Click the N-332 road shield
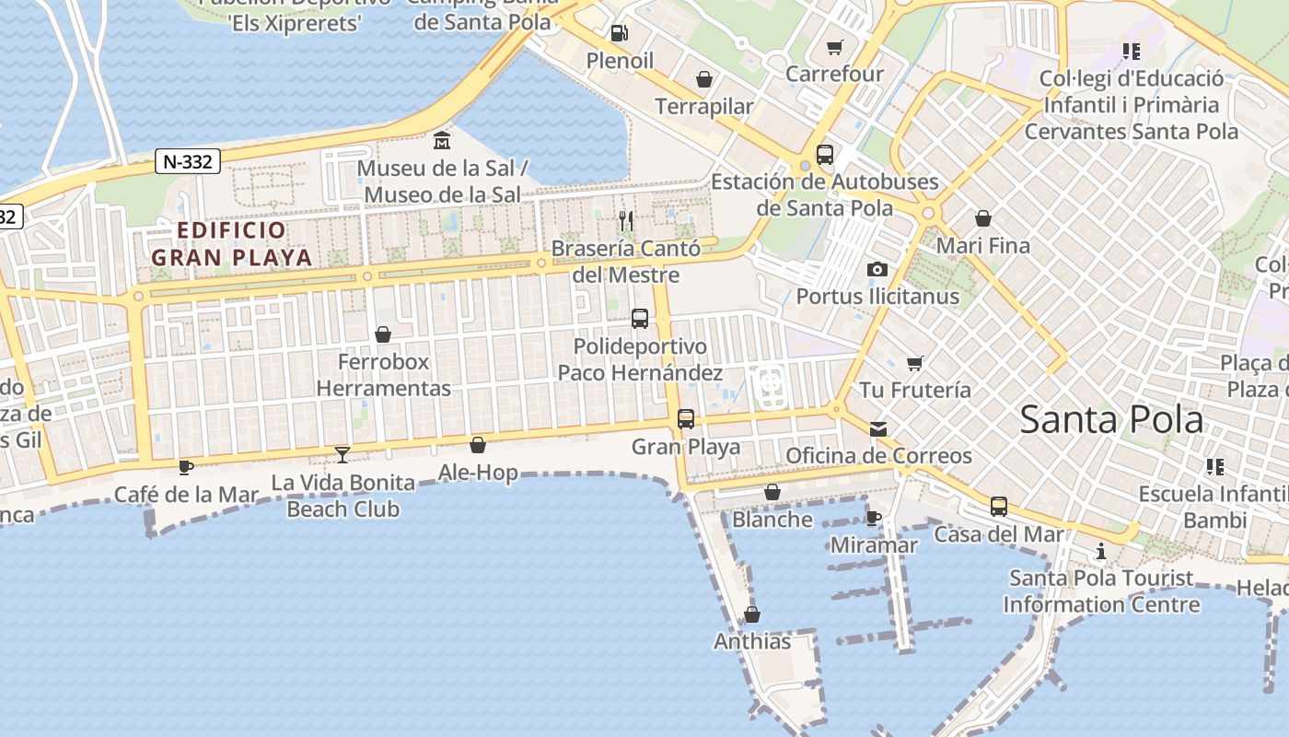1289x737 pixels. pyautogui.click(x=188, y=162)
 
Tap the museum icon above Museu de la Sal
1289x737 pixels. pyautogui.click(x=442, y=141)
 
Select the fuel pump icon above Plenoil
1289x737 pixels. pyautogui.click(x=620, y=33)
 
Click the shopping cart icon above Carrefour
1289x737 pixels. pyautogui.click(x=835, y=47)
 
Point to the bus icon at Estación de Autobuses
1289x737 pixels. pyautogui.click(x=825, y=155)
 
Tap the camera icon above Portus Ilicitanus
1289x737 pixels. pyautogui.click(x=877, y=269)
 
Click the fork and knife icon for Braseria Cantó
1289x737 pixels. pyautogui.click(x=626, y=220)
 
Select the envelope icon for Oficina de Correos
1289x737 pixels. pyautogui.click(x=878, y=428)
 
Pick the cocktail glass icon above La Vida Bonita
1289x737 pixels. pyautogui.click(x=343, y=454)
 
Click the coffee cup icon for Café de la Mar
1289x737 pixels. pyautogui.click(x=186, y=467)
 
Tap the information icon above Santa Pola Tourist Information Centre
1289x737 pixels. pyautogui.click(x=1101, y=552)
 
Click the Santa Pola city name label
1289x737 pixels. pyautogui.click(x=1111, y=420)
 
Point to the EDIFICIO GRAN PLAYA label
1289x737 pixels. pyautogui.click(x=232, y=244)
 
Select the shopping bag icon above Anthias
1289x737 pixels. pyautogui.click(x=752, y=614)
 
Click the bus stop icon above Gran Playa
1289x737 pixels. pyautogui.click(x=686, y=419)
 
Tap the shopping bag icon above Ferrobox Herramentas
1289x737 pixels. pyautogui.click(x=383, y=334)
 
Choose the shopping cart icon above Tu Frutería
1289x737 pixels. pyautogui.click(x=914, y=363)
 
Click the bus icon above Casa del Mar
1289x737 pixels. pyautogui.click(x=999, y=507)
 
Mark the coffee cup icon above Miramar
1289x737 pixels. pyautogui.click(x=874, y=518)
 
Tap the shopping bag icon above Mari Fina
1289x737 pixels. pyautogui.click(x=983, y=218)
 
